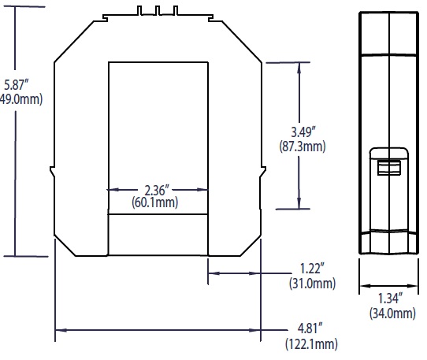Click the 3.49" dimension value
[302, 132]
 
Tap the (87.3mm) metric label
[302, 147]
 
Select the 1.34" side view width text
[392, 299]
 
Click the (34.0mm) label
[392, 314]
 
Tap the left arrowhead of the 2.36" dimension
[111, 189]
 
